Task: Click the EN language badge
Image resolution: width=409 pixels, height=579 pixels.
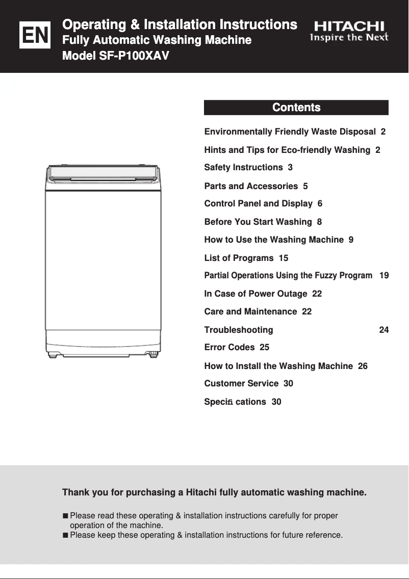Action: pyautogui.click(x=35, y=35)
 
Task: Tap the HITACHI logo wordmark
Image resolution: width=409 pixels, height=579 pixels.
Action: pyautogui.click(x=349, y=26)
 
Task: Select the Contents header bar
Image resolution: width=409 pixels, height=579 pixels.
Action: pyautogui.click(x=296, y=108)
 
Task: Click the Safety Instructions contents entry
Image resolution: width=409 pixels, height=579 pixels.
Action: pyautogui.click(x=248, y=167)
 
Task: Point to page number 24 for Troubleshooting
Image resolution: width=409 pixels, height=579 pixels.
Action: pyautogui.click(x=384, y=330)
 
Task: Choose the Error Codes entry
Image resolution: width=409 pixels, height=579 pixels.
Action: pyautogui.click(x=237, y=347)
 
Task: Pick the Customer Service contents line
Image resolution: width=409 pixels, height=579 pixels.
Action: pyautogui.click(x=248, y=383)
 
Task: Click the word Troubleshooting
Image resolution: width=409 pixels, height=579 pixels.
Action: pyautogui.click(x=238, y=330)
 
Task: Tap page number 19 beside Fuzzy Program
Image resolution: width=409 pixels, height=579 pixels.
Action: pyautogui.click(x=384, y=275)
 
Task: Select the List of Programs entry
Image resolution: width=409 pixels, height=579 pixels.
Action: pyautogui.click(x=246, y=258)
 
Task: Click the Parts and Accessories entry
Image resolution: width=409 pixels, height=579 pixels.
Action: pyautogui.click(x=255, y=186)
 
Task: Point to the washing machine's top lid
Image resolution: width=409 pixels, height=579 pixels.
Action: pyautogui.click(x=103, y=174)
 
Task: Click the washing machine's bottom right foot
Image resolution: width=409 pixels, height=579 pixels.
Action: pyautogui.click(x=152, y=354)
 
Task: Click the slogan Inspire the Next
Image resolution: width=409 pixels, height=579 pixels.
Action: pyautogui.click(x=349, y=38)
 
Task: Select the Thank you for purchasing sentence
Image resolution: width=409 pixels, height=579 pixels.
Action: pyautogui.click(x=214, y=492)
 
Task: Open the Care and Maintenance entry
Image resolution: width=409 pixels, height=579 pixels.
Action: pyautogui.click(x=258, y=311)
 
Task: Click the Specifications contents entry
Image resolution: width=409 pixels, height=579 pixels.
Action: pyautogui.click(x=242, y=402)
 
